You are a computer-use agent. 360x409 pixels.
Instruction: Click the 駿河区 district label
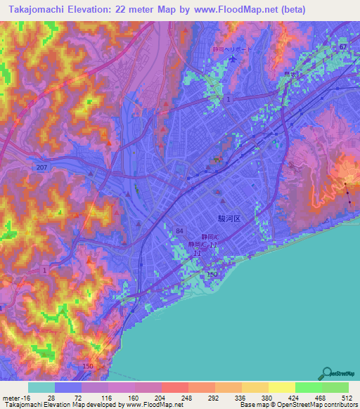[230, 219]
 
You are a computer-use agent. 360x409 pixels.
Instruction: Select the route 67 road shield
[342, 46]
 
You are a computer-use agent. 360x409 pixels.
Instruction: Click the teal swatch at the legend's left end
[41, 387]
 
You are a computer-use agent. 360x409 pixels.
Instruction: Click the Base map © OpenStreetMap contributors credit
[299, 405]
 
